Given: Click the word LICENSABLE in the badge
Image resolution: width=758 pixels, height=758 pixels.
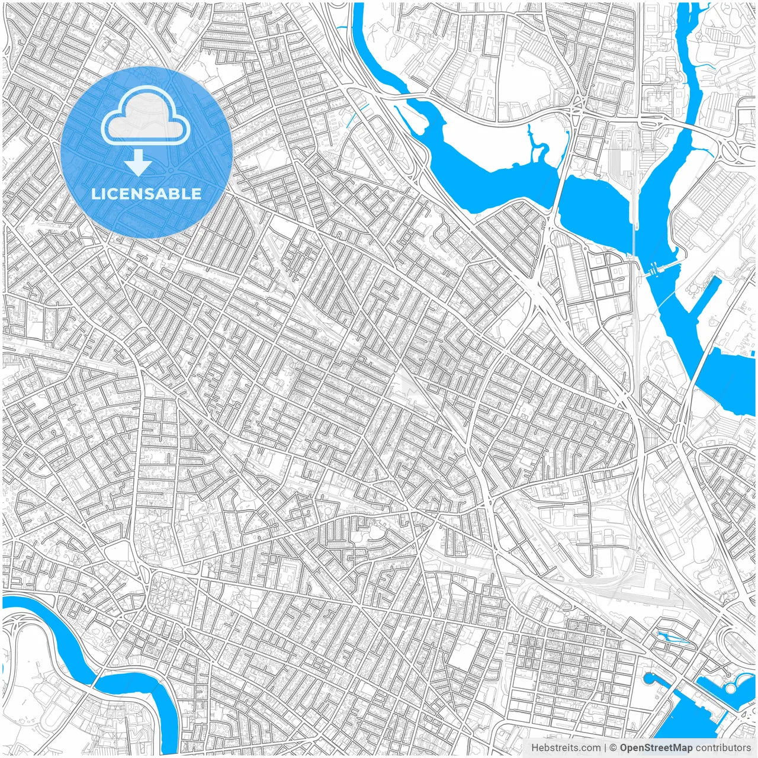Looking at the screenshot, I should coord(146,194).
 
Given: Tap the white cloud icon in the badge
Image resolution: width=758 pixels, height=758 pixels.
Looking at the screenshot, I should coord(145,115).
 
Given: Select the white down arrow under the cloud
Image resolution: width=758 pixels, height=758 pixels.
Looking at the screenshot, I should coord(138,163).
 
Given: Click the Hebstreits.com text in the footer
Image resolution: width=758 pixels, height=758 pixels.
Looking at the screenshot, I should coord(566,748).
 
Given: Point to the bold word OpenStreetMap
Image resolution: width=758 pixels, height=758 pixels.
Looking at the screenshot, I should coord(656,748).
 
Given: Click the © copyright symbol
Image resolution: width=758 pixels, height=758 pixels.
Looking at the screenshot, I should coord(614,748).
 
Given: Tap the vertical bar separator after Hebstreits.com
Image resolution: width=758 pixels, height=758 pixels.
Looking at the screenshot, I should coord(605,748).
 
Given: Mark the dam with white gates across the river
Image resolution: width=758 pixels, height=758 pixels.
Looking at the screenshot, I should coord(651,271).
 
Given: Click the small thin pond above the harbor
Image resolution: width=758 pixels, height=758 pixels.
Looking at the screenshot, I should coord(672,637).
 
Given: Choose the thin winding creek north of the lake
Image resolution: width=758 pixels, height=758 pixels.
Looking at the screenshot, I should coord(537,145).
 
